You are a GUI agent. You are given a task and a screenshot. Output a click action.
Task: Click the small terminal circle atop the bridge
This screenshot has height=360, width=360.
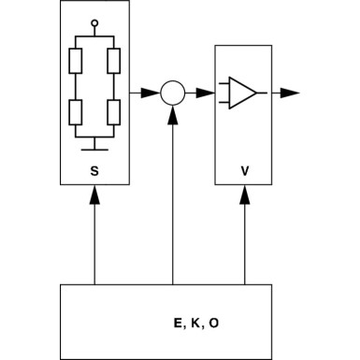point(94,22)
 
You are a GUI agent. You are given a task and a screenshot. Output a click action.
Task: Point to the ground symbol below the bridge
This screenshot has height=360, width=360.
point(94,146)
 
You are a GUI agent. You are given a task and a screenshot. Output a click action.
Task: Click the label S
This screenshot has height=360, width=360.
point(94,170)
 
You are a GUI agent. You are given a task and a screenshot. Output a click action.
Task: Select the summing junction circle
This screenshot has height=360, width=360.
point(172,93)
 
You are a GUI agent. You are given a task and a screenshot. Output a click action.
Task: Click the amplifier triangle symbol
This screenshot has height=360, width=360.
point(242,93)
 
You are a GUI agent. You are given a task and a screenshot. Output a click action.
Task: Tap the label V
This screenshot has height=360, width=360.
point(244,170)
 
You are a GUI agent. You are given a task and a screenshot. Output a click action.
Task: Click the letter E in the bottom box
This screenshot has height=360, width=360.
point(178,323)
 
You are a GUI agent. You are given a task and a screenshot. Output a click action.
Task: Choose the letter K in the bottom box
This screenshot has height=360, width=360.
point(195,323)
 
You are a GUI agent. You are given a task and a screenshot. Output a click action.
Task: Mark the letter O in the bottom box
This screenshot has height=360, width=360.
point(214,323)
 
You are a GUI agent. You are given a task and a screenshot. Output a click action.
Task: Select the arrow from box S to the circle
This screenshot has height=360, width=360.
point(149,93)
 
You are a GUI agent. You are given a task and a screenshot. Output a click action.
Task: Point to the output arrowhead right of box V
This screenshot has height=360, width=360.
point(291,93)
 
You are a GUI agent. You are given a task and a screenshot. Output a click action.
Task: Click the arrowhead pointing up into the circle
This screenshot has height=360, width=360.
point(172,112)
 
